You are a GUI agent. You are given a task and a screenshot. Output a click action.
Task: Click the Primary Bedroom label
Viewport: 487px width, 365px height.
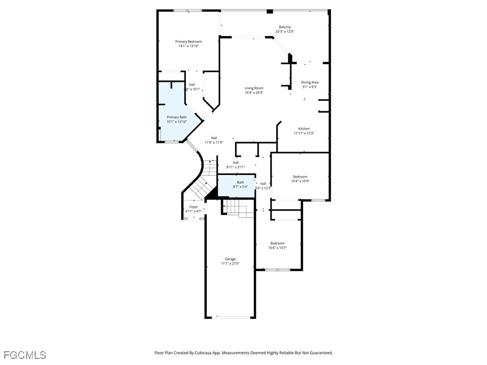188,42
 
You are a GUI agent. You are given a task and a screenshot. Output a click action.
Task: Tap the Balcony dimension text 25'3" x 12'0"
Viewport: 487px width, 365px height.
285,32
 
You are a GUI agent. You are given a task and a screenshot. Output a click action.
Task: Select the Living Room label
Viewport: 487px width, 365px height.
254,88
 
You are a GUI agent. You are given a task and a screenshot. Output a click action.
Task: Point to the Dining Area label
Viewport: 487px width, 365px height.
310,82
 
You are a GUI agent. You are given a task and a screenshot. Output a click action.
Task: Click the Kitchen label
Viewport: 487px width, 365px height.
304,129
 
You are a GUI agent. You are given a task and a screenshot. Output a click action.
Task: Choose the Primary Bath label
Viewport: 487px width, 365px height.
176,117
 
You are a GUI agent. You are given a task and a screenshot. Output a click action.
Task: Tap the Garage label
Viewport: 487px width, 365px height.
230,259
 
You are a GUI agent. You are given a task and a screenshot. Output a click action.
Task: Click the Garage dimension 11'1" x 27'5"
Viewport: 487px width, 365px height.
230,264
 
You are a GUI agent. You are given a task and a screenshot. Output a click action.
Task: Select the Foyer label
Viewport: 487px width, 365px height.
194,207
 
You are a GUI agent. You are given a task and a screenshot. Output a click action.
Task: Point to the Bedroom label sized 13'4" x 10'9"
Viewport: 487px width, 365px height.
300,177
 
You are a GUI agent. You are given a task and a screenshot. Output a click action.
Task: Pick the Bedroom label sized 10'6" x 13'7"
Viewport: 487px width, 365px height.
277,243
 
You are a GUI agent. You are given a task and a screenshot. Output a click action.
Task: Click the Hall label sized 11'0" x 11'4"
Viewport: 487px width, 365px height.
214,138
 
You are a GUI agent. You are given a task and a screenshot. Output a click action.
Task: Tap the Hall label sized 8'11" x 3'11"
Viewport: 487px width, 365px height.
235,163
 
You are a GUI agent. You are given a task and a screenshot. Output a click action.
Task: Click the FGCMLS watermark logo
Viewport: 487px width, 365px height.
25,355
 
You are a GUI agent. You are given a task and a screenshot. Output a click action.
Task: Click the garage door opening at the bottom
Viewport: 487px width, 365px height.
230,317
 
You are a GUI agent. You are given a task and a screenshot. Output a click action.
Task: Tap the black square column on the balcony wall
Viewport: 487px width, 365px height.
270,11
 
